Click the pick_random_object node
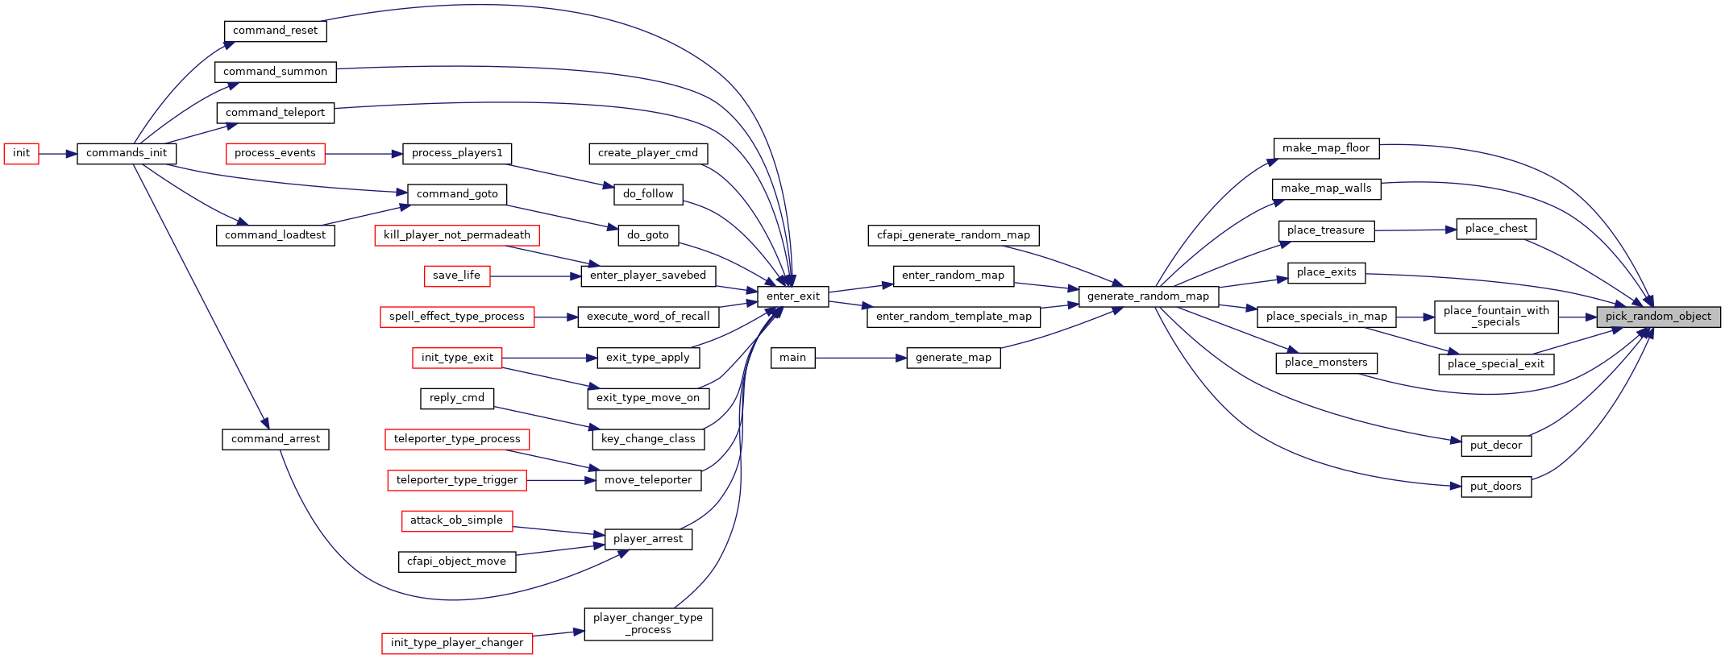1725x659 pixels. tap(1658, 317)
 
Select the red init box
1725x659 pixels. tap(21, 153)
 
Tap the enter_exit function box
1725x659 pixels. tap(793, 296)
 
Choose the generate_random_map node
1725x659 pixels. tap(1148, 296)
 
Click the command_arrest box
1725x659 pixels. tap(276, 439)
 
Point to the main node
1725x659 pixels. tap(793, 358)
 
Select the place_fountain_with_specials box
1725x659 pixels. tap(1496, 317)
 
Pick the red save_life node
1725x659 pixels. tap(457, 276)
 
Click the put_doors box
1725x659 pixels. tap(1496, 487)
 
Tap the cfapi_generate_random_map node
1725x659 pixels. tap(954, 235)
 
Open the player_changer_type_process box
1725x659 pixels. tap(648, 624)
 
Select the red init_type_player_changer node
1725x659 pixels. tap(457, 643)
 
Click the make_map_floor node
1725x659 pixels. tap(1326, 148)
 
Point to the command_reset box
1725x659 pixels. tap(276, 31)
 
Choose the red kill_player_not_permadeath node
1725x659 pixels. tap(457, 235)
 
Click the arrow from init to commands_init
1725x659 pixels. tap(58, 153)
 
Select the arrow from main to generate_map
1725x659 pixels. tap(861, 358)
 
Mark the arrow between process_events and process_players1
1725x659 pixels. tap(364, 153)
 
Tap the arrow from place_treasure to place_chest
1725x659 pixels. tap(1415, 230)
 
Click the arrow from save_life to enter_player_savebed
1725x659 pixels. tap(535, 276)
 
